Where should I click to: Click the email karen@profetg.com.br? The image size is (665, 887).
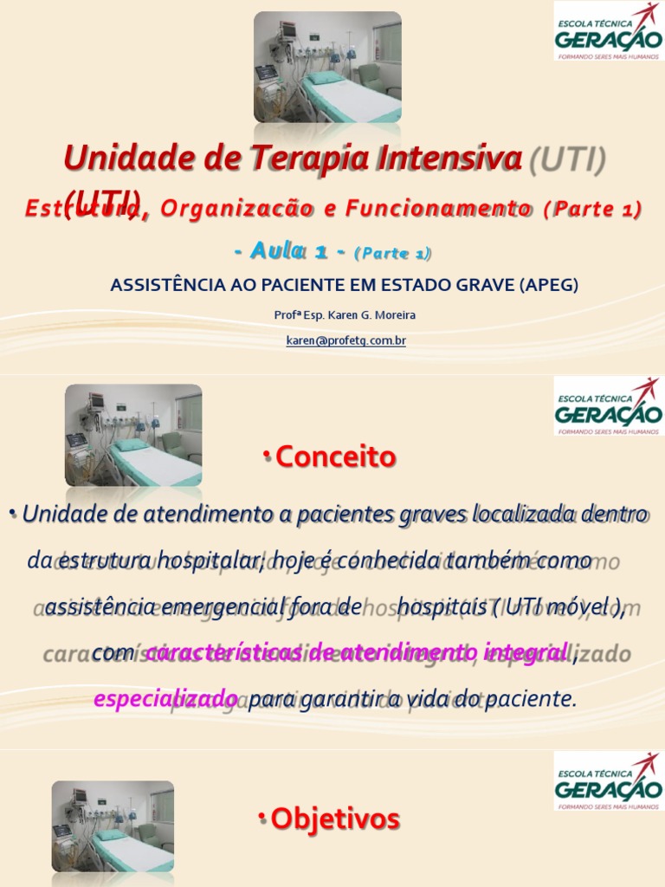[345, 340]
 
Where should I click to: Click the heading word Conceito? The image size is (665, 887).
[336, 457]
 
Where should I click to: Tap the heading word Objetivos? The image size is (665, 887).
[336, 819]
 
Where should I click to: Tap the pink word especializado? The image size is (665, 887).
[165, 699]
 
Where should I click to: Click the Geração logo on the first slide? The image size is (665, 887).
[607, 30]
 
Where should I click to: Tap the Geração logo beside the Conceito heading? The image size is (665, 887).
[607, 405]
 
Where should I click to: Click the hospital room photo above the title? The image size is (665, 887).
[327, 67]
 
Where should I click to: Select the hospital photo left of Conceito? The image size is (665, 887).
[133, 435]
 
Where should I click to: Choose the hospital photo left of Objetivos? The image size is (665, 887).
[113, 826]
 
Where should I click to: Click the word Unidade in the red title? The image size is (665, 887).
[116, 159]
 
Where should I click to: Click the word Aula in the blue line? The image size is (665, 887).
[276, 251]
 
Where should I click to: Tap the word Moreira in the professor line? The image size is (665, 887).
[394, 315]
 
